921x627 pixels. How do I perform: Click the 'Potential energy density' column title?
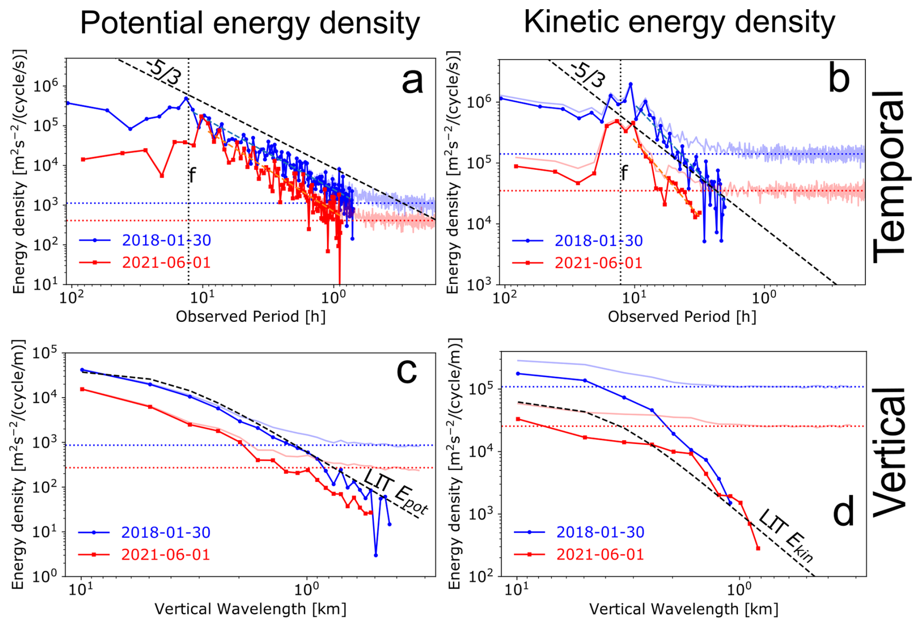click(x=250, y=23)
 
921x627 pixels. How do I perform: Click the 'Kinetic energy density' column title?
click(x=679, y=22)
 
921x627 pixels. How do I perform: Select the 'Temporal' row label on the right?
click(x=889, y=176)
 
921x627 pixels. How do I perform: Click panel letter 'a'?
click(x=412, y=81)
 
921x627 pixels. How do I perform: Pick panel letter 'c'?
click(x=406, y=371)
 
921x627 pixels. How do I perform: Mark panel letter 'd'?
click(x=844, y=512)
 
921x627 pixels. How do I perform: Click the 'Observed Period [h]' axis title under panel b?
click(x=682, y=317)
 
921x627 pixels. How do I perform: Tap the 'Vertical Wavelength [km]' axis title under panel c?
click(x=250, y=609)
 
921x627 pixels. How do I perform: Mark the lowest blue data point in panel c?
click(x=376, y=555)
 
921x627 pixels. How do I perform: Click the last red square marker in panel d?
click(x=758, y=549)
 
